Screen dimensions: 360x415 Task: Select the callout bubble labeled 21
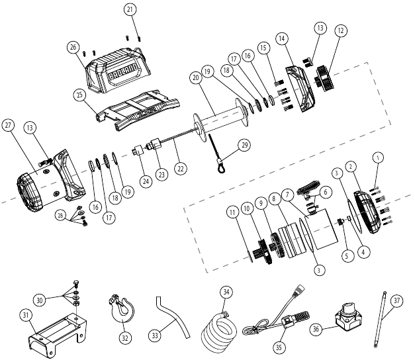[130, 9]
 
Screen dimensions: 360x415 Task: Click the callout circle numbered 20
[195, 77]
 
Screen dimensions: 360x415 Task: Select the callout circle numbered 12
[340, 30]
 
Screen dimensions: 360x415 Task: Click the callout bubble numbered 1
[378, 157]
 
